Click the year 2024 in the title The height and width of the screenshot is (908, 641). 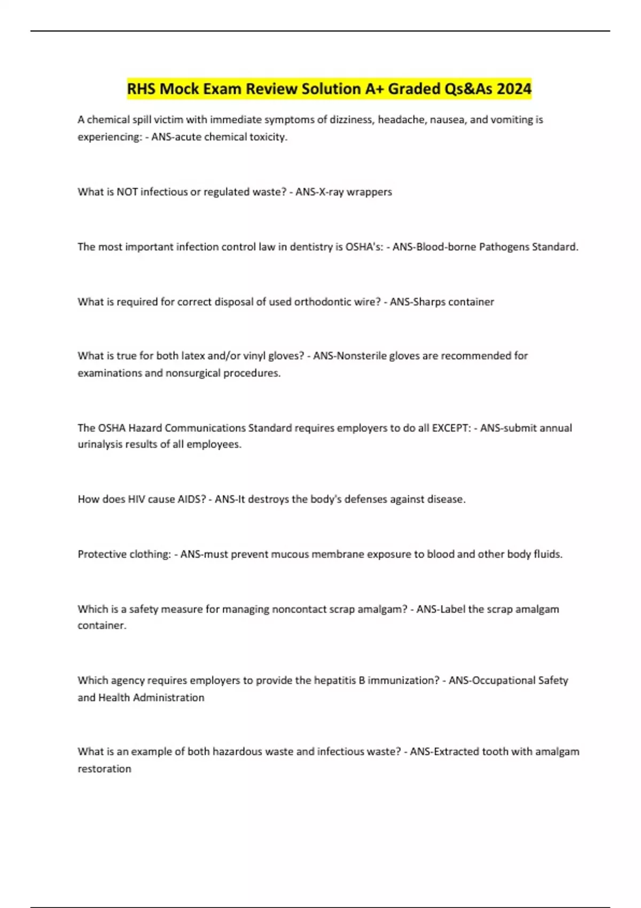click(x=514, y=89)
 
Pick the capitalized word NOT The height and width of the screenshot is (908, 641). click(x=127, y=192)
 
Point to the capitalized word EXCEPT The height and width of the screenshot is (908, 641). click(x=451, y=428)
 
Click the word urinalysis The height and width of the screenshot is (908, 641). click(x=100, y=444)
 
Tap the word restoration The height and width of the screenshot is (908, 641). click(x=104, y=769)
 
